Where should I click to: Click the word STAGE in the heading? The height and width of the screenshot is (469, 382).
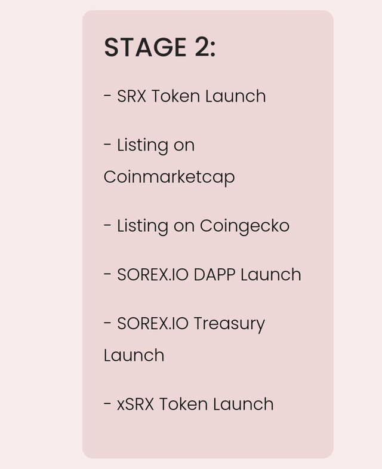coord(145,47)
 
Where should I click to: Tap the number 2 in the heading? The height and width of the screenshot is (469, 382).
coord(202,47)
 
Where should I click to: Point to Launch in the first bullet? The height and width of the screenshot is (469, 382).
coord(236,96)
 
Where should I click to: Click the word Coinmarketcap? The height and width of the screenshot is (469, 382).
coord(169,177)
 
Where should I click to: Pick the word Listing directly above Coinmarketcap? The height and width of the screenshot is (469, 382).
coord(143,146)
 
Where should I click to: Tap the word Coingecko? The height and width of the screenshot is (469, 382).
coord(245,226)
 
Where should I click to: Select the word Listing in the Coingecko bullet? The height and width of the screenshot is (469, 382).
coord(143,226)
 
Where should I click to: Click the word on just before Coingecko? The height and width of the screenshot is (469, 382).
coord(184,226)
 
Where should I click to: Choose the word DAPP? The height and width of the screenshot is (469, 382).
coord(214,275)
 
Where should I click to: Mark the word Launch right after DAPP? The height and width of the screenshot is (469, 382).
coord(271,275)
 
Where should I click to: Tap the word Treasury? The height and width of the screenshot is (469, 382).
coord(230,324)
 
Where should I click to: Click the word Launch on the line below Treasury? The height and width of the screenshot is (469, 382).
coord(134,355)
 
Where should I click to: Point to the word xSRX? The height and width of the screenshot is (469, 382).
coord(135,404)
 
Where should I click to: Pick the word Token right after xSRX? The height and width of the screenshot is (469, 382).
coord(183,404)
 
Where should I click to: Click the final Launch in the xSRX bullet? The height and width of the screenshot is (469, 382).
coord(244,404)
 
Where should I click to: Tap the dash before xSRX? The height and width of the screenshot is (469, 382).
coord(107,403)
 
